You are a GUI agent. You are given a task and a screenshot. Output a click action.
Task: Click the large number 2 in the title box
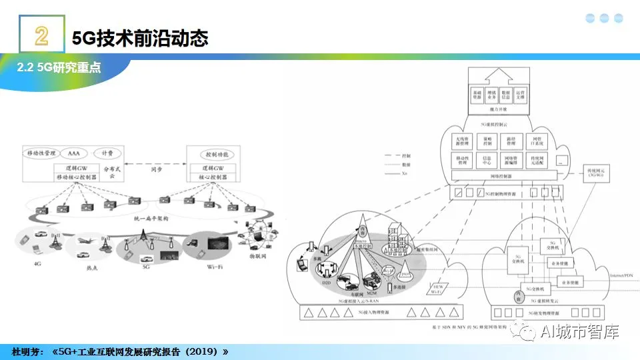click(x=41, y=37)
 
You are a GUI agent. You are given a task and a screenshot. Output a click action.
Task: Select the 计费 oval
click(x=107, y=153)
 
